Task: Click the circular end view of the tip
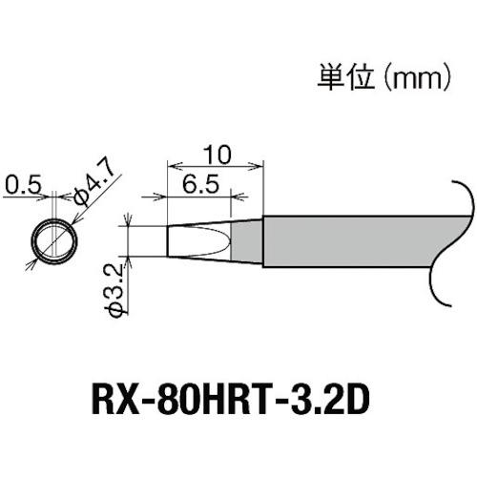click(53, 238)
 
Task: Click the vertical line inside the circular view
click(71, 238)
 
